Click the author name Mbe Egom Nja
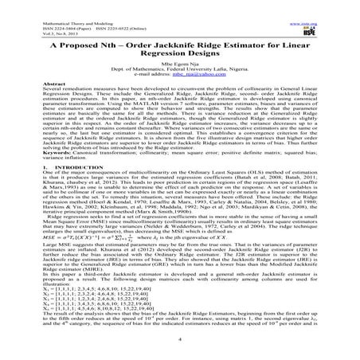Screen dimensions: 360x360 click(x=179, y=71)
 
